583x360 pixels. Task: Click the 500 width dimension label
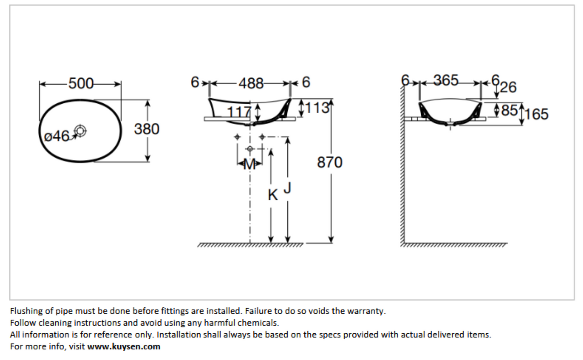pos(81,84)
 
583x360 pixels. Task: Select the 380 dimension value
pos(146,129)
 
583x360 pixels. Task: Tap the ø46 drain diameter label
pos(56,136)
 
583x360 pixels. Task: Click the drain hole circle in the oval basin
pos(80,131)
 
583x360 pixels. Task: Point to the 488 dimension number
pos(251,84)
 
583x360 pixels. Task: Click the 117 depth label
pos(239,113)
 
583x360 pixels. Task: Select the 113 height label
pos(317,107)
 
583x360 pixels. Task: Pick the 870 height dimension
pos(330,162)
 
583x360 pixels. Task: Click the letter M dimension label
pos(249,165)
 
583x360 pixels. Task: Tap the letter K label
pos(273,195)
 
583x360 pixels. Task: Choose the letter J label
pos(287,188)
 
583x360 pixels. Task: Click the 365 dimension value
pos(446,80)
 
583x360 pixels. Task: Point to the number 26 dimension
pos(508,87)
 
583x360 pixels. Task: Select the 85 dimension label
pos(509,110)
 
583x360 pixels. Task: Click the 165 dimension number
pos(536,114)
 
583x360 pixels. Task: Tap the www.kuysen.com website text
pos(123,346)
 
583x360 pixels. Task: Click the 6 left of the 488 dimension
pos(195,82)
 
